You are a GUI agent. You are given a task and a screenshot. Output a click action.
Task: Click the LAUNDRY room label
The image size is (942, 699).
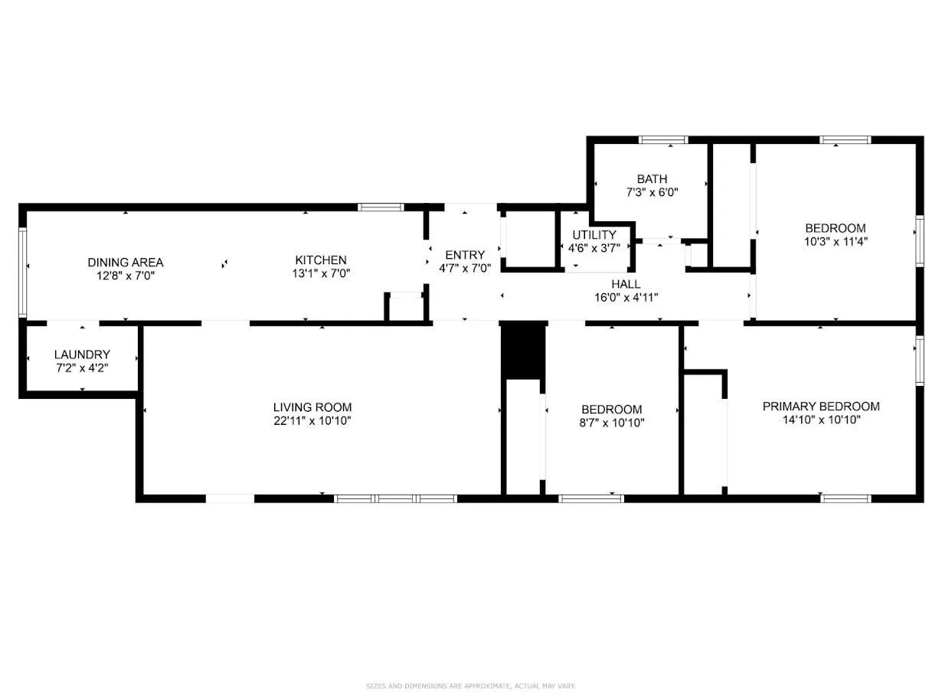pyautogui.click(x=82, y=354)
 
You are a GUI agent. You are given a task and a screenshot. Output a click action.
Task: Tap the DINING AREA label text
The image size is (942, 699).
pyautogui.click(x=126, y=263)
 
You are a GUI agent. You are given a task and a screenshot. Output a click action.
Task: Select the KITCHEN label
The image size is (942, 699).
pyautogui.click(x=321, y=260)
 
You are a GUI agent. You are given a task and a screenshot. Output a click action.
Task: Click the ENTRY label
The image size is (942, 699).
pyautogui.click(x=465, y=255)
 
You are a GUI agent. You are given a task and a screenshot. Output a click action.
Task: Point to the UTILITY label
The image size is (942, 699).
pyautogui.click(x=594, y=235)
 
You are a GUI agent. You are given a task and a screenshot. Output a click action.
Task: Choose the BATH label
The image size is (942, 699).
pyautogui.click(x=652, y=179)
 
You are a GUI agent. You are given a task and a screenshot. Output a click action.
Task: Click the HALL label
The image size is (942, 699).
pyautogui.click(x=626, y=284)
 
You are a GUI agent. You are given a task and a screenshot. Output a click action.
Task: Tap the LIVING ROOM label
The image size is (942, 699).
pyautogui.click(x=312, y=407)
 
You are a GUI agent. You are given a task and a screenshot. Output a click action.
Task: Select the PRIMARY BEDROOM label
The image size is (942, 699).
pyautogui.click(x=821, y=407)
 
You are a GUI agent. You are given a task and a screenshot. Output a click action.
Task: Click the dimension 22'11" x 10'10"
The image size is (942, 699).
pyautogui.click(x=312, y=421)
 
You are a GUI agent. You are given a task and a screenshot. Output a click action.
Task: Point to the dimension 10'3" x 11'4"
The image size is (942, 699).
pyautogui.click(x=836, y=242)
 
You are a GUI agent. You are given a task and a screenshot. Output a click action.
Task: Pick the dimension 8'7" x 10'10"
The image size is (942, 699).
pyautogui.click(x=612, y=423)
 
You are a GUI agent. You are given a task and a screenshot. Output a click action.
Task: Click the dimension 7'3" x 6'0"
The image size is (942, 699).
pyautogui.click(x=652, y=192)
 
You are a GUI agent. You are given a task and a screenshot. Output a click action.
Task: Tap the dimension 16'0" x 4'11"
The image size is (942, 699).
pyautogui.click(x=626, y=297)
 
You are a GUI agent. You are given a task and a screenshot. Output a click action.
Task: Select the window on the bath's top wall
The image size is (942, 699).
pyautogui.click(x=663, y=139)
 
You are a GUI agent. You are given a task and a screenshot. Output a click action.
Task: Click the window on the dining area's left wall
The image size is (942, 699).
pyautogui.click(x=22, y=273)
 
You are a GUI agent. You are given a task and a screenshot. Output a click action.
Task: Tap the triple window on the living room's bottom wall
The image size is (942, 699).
pyautogui.click(x=395, y=498)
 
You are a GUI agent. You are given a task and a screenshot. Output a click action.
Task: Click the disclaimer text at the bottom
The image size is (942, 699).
pyautogui.click(x=470, y=686)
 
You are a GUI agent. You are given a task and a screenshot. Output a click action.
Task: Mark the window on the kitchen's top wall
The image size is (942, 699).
pyautogui.click(x=381, y=207)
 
